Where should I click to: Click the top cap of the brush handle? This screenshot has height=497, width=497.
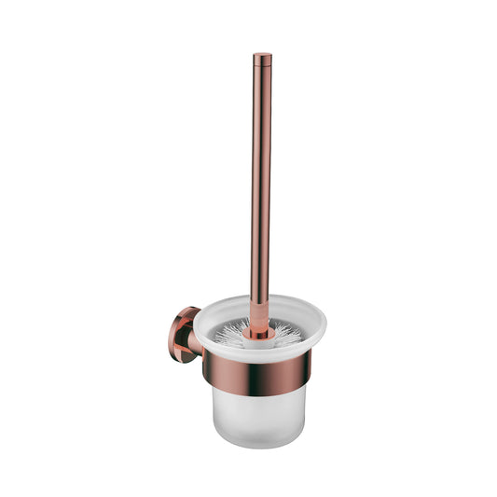tap(262, 57)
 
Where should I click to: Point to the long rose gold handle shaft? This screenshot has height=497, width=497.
tap(261, 186)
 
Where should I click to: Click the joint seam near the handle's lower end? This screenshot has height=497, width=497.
tap(260, 300)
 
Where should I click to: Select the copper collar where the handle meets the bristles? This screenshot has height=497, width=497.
tap(258, 327)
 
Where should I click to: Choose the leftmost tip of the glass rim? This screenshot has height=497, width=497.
tap(195, 327)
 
